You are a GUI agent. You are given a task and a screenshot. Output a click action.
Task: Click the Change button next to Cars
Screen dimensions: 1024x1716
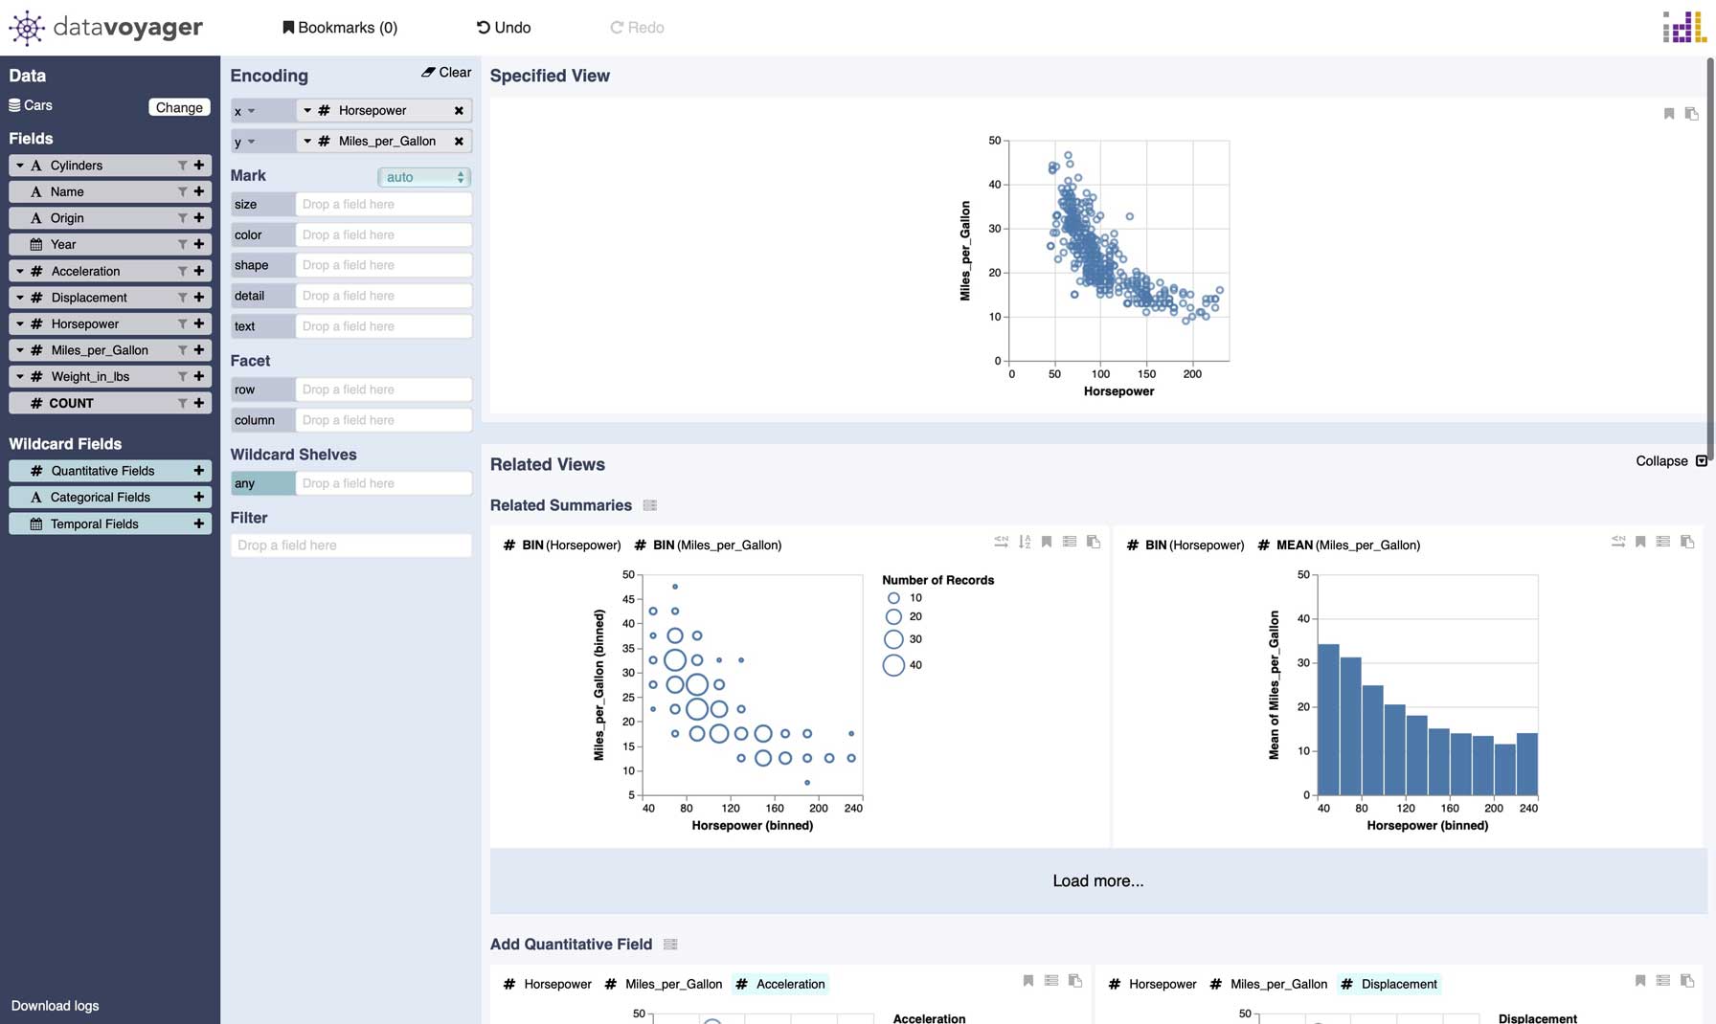pos(179,107)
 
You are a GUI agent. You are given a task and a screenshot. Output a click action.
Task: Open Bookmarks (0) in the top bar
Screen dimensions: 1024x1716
pos(340,28)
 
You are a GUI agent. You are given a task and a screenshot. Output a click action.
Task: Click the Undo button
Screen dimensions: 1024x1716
pos(504,28)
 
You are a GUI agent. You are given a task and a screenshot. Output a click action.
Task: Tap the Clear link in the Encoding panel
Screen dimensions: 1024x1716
pos(446,73)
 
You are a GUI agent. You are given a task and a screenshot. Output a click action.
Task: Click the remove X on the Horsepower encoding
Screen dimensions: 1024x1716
pos(459,111)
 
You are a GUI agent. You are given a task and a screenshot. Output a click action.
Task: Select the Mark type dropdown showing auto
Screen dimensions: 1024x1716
pos(424,177)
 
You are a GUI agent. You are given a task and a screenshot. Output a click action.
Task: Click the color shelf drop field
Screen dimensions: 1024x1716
pos(383,234)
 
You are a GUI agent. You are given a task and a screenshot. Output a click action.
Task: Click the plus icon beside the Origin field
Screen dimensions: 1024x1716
pos(199,218)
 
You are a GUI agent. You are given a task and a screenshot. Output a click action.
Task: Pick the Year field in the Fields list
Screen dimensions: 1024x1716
pos(63,245)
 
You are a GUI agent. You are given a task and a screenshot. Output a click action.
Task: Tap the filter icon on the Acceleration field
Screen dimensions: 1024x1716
pos(182,272)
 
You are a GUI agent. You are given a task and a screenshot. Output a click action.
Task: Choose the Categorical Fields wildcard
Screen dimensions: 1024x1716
pos(100,498)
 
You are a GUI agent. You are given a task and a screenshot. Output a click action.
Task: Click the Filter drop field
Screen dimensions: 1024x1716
pos(350,545)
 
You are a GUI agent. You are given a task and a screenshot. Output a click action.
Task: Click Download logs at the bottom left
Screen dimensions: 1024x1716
pos(55,1006)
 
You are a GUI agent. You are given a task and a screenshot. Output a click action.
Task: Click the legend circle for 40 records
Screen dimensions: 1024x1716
pos(893,665)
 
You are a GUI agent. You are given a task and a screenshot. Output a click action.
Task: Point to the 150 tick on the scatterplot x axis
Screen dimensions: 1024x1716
pos(1146,374)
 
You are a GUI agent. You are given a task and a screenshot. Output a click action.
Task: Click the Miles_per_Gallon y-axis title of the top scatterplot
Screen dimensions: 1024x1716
pos(965,251)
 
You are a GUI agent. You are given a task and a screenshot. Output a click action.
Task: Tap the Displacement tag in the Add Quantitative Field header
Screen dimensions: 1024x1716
pos(1398,984)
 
